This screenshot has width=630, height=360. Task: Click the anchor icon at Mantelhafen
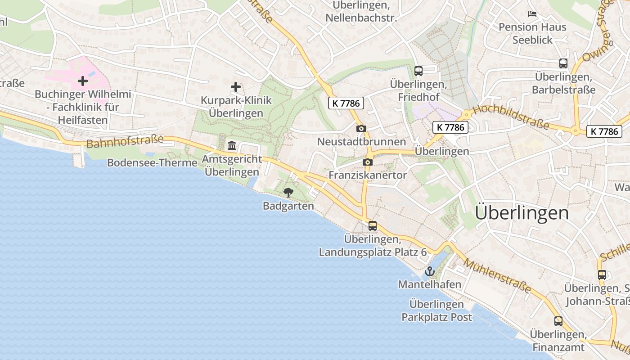point(429,271)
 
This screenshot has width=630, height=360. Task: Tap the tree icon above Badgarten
point(288,193)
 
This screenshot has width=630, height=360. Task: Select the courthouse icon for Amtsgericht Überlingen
point(232,145)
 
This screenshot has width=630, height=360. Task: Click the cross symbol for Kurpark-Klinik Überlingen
point(235,86)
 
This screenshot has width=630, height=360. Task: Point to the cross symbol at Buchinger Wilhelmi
point(83,81)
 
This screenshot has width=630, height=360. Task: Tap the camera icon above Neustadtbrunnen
point(361,129)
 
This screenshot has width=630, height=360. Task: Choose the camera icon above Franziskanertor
point(368,162)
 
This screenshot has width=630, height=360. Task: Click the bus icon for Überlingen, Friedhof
point(418,71)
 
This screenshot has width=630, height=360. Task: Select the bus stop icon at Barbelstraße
point(563,63)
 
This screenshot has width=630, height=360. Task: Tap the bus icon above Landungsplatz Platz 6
point(373,226)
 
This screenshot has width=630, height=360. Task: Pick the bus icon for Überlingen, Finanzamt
point(558,321)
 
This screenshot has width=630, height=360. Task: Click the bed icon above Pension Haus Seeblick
point(532,14)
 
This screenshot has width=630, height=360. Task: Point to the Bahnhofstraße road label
point(125,142)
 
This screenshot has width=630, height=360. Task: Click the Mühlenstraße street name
point(497,276)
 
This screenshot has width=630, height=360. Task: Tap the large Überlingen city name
point(522,213)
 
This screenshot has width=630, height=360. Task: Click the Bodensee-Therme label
point(152,163)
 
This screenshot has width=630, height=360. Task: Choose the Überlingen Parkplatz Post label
point(436,310)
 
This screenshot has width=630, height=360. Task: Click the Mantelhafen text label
point(430,284)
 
